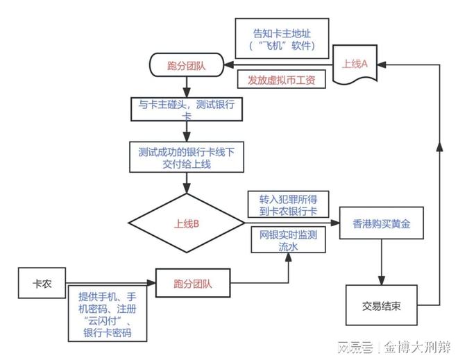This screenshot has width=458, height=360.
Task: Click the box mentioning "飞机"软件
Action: [x=282, y=39]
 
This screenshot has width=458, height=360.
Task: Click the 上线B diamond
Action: [x=186, y=223]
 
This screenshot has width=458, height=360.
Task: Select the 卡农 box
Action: [x=42, y=284]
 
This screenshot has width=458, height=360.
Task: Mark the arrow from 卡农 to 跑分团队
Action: [x=111, y=284]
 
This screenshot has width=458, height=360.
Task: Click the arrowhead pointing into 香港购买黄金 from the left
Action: [x=335, y=223]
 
